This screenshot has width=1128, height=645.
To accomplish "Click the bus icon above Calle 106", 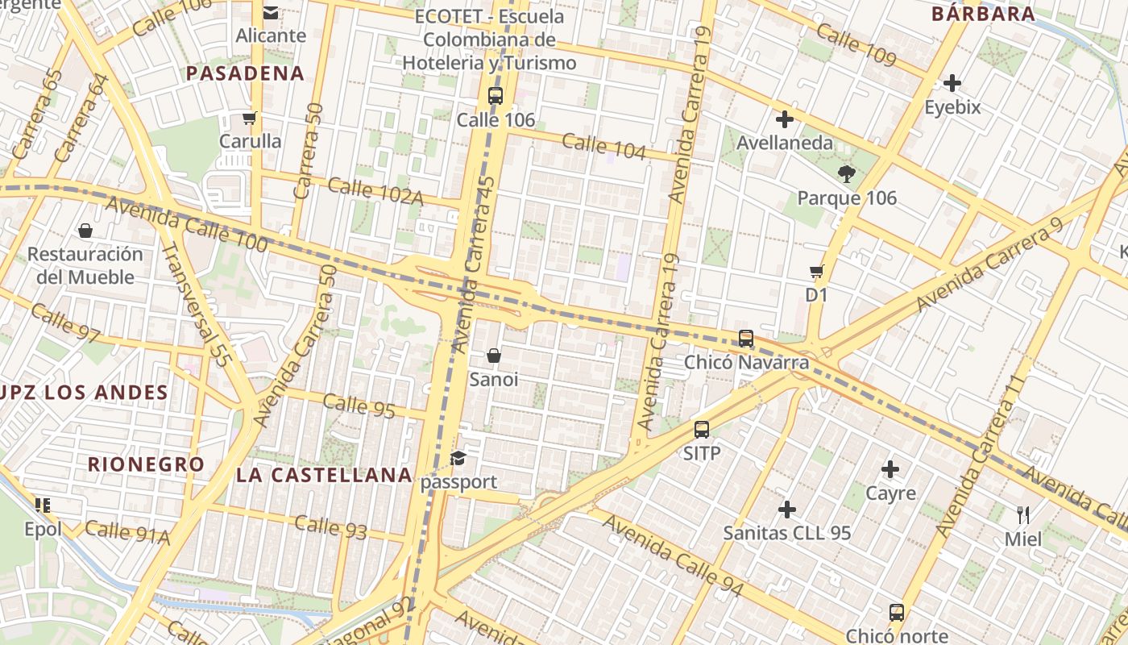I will pyautogui.click(x=496, y=96).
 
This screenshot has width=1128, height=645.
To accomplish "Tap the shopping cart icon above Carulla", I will pyautogui.click(x=249, y=118).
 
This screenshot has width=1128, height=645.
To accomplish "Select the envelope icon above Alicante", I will pyautogui.click(x=271, y=12).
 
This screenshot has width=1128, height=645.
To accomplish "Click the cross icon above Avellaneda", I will pyautogui.click(x=784, y=120).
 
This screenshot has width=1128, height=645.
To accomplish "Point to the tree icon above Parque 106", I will pyautogui.click(x=846, y=173).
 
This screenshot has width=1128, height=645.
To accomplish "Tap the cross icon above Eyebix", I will pyautogui.click(x=952, y=83).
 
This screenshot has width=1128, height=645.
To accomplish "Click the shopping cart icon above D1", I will pyautogui.click(x=816, y=272).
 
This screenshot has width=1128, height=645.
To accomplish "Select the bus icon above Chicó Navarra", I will pyautogui.click(x=746, y=339).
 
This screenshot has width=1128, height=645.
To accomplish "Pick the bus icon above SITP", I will pyautogui.click(x=702, y=430).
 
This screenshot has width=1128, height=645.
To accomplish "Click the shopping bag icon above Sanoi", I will pyautogui.click(x=494, y=356).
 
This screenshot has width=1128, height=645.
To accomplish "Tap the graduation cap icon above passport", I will pyautogui.click(x=458, y=458).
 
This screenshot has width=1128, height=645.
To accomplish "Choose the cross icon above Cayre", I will pyautogui.click(x=890, y=469).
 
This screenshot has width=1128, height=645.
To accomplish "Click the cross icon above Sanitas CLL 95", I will pyautogui.click(x=787, y=510).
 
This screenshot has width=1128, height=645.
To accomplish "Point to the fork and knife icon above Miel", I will pyautogui.click(x=1023, y=514).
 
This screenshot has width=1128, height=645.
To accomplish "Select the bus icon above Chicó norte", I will pyautogui.click(x=897, y=613).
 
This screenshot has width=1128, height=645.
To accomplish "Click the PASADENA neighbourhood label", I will pyautogui.click(x=245, y=73).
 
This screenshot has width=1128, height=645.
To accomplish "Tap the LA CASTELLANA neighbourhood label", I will pyautogui.click(x=325, y=475).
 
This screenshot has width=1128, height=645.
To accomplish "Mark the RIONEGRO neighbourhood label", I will pyautogui.click(x=146, y=464).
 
